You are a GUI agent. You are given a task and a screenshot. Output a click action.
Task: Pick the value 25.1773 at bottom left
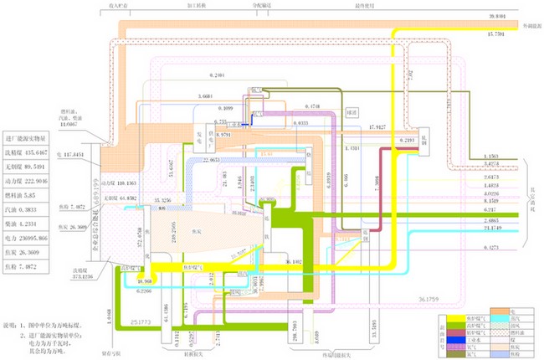(140, 320)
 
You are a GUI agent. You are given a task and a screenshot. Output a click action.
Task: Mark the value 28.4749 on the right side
(501, 228)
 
